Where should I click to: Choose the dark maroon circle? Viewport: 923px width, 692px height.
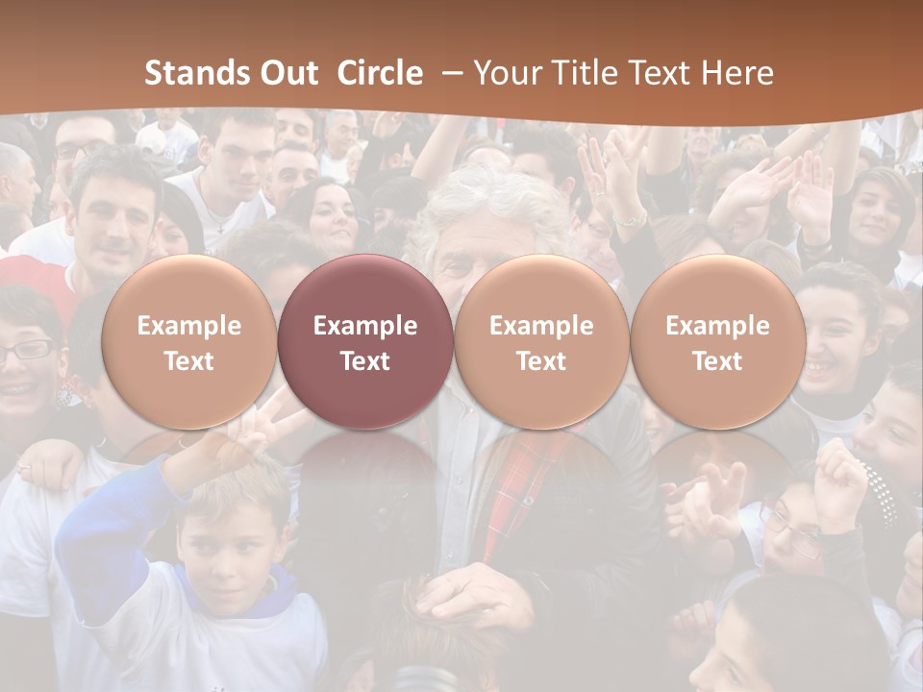point(365,342)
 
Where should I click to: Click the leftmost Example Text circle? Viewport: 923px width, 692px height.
point(188,342)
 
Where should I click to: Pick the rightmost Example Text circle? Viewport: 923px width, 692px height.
point(717,342)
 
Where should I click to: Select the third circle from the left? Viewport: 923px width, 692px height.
point(541,342)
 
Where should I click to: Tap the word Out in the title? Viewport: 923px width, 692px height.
point(289,73)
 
